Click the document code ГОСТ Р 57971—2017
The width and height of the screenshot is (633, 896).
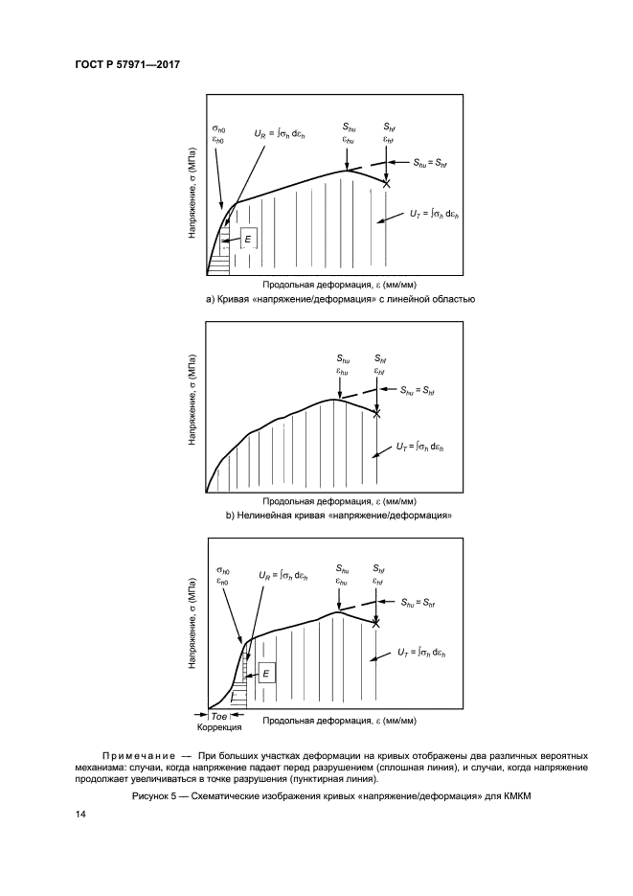[127, 64]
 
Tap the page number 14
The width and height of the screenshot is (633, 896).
[80, 815]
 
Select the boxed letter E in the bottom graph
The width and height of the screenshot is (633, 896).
[267, 674]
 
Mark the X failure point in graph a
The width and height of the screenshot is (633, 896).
[387, 182]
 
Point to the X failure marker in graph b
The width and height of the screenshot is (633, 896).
[376, 413]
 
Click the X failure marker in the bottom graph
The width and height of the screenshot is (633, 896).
[376, 623]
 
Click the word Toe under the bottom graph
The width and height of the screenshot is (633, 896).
[219, 717]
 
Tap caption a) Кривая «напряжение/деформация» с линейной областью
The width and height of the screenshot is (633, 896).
[341, 299]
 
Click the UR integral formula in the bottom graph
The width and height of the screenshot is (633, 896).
[283, 575]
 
